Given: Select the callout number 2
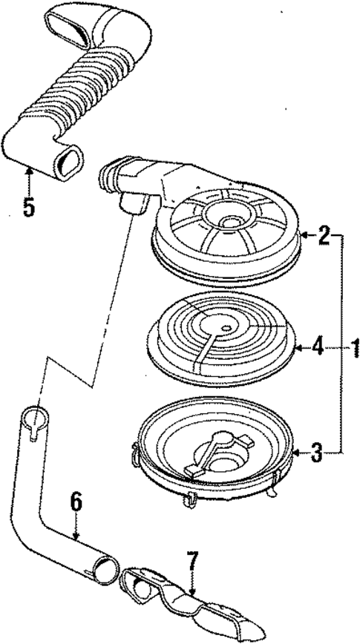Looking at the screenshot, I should click(324, 237).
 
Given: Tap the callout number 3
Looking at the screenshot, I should click(317, 453).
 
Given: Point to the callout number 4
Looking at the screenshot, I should click(317, 346).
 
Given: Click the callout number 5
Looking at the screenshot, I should click(27, 206).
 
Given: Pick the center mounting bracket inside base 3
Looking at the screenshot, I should click(215, 453).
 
